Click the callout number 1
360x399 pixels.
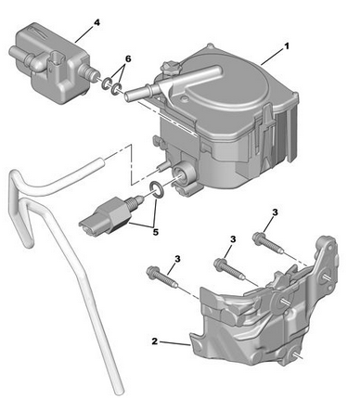287,46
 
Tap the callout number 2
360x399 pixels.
155,341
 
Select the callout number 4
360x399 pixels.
96,22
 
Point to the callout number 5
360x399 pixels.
156,232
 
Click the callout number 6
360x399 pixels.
128,58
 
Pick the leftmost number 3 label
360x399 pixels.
177,259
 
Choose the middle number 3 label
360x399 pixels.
233,238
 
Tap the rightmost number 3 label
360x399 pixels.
275,212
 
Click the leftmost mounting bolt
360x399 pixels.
162,277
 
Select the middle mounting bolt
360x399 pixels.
230,268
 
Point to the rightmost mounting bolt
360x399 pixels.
267,242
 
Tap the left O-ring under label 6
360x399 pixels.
107,84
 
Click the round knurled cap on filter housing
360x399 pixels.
169,68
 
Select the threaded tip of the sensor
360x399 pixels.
136,201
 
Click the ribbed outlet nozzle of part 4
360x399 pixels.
90,72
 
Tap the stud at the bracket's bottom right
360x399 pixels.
298,356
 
